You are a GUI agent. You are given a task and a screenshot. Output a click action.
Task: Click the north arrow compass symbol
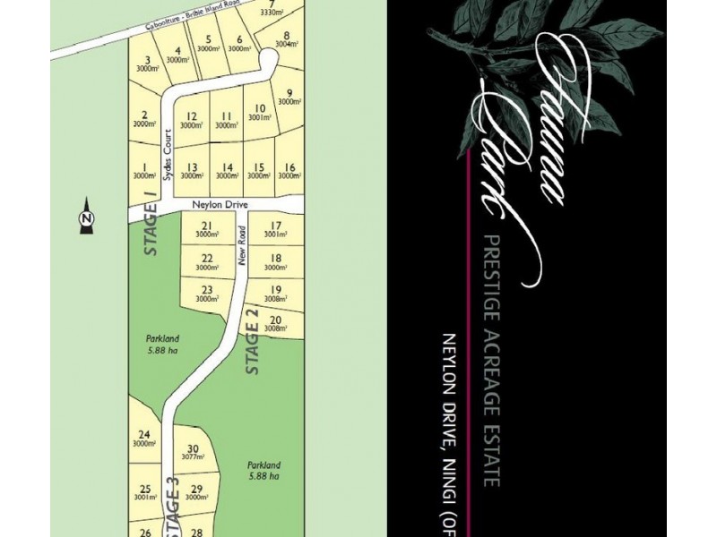(86, 216)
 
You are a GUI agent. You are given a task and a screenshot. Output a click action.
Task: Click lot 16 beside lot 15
(288, 171)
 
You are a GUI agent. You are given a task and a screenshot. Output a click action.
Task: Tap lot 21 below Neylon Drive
(207, 230)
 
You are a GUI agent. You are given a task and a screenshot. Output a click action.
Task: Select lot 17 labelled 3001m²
(275, 230)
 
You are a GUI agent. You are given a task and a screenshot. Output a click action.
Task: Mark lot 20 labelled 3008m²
(276, 324)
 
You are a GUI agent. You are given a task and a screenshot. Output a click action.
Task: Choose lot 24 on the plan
(144, 439)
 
